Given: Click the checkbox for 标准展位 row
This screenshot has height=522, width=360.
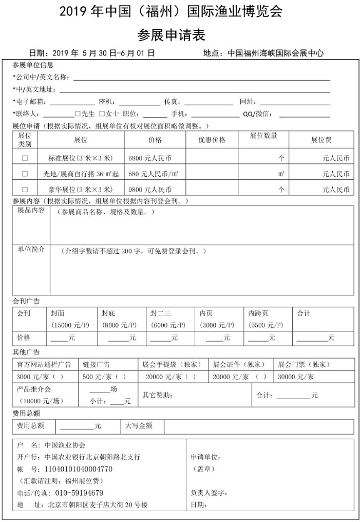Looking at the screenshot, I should coord(25,158).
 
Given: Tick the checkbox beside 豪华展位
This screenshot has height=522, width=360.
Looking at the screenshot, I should coord(25,189).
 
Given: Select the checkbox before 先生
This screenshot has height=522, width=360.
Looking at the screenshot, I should coord(78,114).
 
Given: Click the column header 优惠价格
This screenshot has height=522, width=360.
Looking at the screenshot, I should coord(212,139).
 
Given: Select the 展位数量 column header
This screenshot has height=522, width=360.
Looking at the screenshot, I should coord(263,136).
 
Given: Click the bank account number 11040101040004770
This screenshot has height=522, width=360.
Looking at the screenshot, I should coord(79,469).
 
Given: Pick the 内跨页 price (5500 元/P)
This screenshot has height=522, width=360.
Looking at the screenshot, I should coord(266,325).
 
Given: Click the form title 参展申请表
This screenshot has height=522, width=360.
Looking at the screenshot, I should coord(171,34).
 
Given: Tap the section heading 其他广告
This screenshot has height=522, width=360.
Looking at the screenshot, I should coord(26,352).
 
